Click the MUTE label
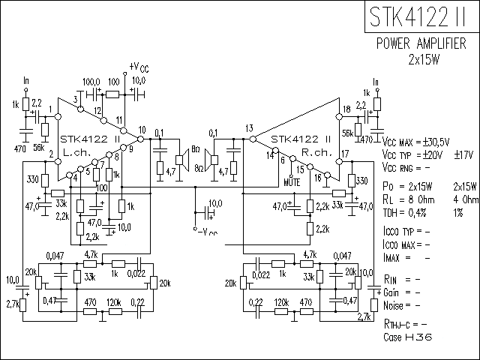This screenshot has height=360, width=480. [293, 181]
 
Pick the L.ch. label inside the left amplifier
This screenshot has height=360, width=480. [77, 151]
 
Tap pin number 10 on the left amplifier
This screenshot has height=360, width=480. [142, 129]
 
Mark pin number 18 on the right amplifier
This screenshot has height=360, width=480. [346, 110]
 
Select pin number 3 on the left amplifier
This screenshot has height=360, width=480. [76, 99]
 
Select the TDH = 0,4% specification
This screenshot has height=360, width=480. [408, 212]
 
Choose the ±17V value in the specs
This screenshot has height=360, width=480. [463, 154]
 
